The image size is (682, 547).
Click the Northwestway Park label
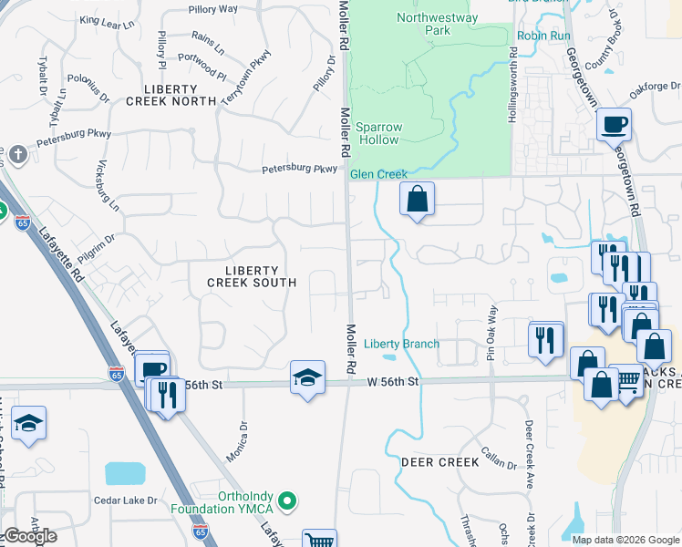coord(424,24)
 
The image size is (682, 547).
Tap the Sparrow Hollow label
coord(377,133)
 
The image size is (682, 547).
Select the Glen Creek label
coord(378,174)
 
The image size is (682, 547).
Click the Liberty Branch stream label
coord(401,344)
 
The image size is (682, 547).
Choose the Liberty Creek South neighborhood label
coord(251,276)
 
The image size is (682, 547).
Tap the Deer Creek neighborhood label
coord(439,462)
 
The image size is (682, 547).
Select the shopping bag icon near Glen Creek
coord(417,199)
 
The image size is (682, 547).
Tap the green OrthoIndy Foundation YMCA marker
coord(288,500)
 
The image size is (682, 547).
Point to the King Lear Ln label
coord(107,20)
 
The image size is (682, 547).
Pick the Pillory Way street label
coord(212,9)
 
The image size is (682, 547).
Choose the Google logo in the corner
coord(30,536)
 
